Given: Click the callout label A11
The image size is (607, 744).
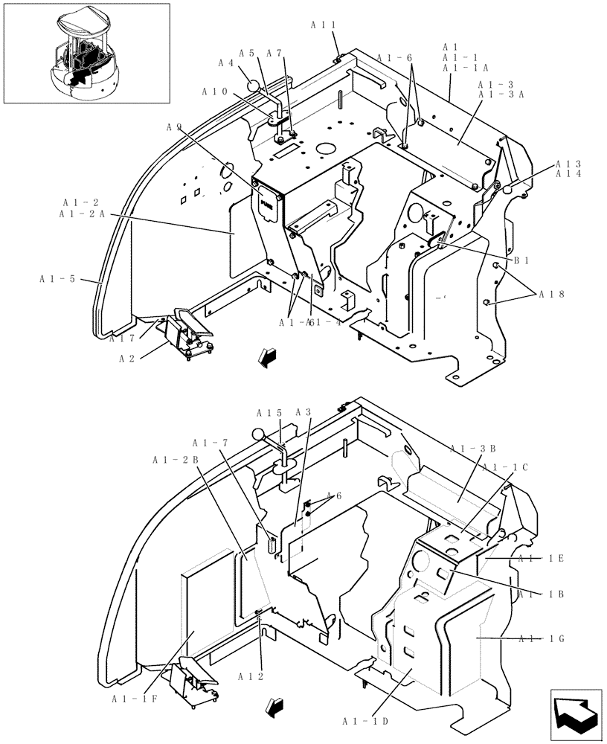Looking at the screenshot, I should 324,25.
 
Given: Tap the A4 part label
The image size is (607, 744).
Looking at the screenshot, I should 226,63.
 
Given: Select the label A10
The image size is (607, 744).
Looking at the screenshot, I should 214,92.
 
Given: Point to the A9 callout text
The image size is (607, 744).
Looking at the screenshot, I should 175,127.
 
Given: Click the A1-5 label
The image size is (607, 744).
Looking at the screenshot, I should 57,279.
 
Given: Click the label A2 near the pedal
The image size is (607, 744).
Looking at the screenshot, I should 126,358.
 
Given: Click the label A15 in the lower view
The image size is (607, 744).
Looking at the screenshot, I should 269,413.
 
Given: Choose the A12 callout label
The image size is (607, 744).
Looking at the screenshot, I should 251,676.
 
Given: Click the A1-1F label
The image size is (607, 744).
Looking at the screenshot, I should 134,699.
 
